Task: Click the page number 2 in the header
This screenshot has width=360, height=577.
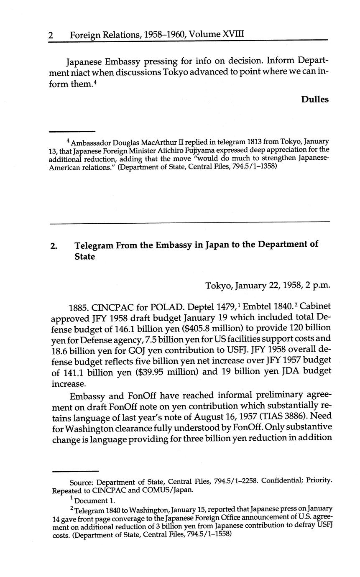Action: (x=51, y=35)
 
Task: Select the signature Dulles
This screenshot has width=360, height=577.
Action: (x=314, y=99)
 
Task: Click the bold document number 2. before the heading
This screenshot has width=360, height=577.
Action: (x=54, y=246)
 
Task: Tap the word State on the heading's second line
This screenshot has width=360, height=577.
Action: (x=85, y=257)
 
